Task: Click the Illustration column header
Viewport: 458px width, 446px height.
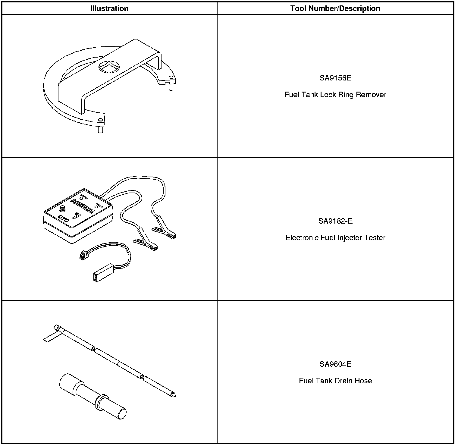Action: pyautogui.click(x=109, y=8)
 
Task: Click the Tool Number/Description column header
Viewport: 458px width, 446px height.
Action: pyautogui.click(x=335, y=8)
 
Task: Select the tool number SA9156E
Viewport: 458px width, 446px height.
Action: pyautogui.click(x=335, y=78)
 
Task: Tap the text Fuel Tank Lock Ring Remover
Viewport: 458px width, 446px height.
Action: pyautogui.click(x=335, y=95)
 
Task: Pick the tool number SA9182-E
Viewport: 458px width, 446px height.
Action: pyautogui.click(x=335, y=221)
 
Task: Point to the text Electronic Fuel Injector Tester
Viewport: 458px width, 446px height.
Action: pyautogui.click(x=335, y=237)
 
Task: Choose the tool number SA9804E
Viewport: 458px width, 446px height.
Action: pyautogui.click(x=335, y=364)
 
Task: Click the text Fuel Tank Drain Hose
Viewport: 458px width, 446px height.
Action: pyautogui.click(x=335, y=381)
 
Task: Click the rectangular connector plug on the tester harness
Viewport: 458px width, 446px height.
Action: pyautogui.click(x=103, y=272)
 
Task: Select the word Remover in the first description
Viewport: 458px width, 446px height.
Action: pyautogui.click(x=371, y=95)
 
